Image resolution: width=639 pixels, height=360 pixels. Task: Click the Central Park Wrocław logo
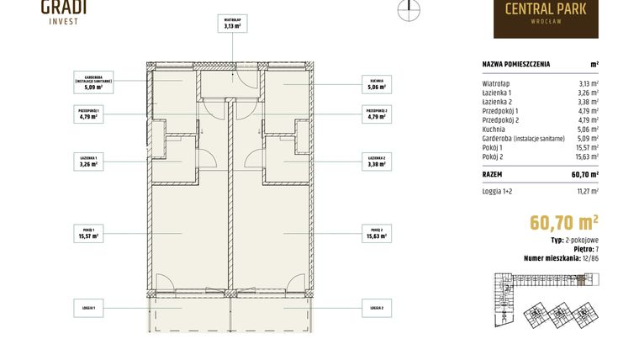pos(546,17)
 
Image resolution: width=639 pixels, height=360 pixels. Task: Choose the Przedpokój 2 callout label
pos(375,114)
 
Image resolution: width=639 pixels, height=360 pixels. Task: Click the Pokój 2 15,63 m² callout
pos(375,233)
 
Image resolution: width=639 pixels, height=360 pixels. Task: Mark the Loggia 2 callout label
pos(375,309)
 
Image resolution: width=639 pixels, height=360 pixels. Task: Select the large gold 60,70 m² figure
pos(563,222)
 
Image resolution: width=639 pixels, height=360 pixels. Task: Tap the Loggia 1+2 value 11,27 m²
pos(586,192)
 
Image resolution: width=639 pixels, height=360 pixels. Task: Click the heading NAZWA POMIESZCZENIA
pos(517,64)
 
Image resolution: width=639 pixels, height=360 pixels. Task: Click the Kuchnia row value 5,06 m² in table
pos(589,130)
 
